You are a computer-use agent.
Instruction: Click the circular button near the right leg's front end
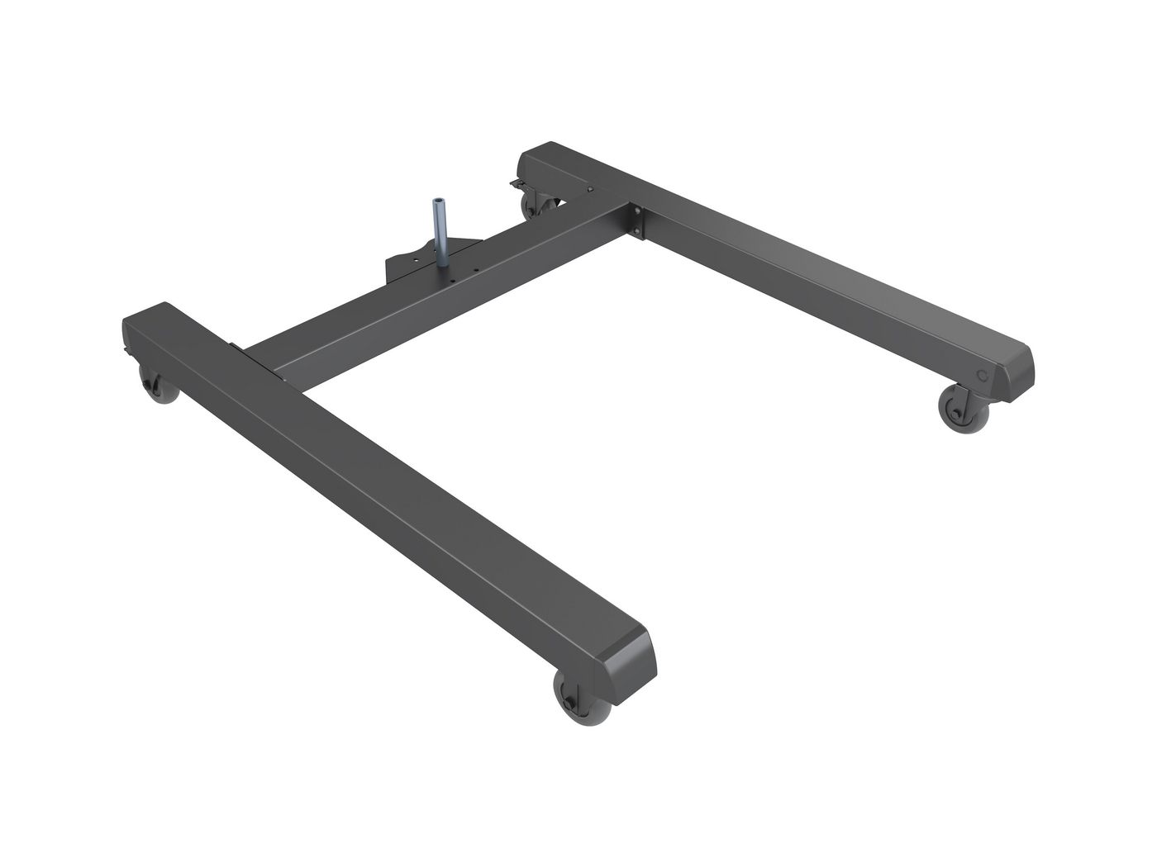[982, 374]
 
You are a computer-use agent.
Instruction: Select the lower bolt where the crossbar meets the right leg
[639, 232]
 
